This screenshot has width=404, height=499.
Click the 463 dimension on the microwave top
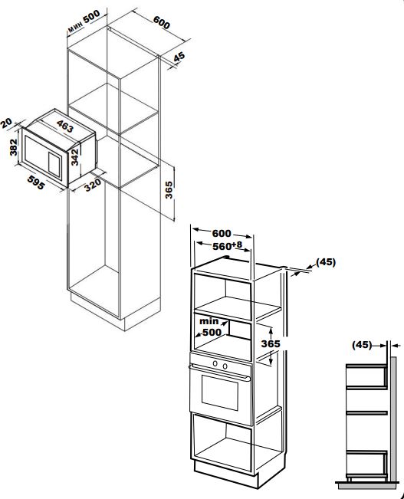click(x=65, y=126)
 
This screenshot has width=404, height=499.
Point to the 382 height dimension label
click(x=13, y=147)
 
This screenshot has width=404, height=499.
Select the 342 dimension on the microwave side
click(x=75, y=157)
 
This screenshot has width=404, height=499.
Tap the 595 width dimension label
click(x=36, y=182)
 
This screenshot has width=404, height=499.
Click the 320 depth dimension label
click(x=93, y=185)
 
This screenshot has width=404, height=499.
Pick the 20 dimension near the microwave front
click(x=6, y=123)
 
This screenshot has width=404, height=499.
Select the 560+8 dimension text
click(x=228, y=246)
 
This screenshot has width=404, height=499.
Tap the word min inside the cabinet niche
click(x=209, y=321)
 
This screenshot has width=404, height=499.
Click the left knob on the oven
click(x=215, y=363)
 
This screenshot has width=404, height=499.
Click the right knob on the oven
click(x=225, y=366)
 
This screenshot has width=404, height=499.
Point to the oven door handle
click(x=219, y=373)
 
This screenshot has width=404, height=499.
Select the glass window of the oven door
click(x=220, y=392)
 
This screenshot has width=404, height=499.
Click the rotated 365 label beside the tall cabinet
click(x=169, y=190)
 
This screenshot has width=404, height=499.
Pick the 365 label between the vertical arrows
click(x=271, y=343)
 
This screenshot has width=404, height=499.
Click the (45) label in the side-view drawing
click(x=362, y=345)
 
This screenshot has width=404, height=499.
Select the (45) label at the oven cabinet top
click(x=326, y=262)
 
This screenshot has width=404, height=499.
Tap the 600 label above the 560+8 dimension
click(x=222, y=233)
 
